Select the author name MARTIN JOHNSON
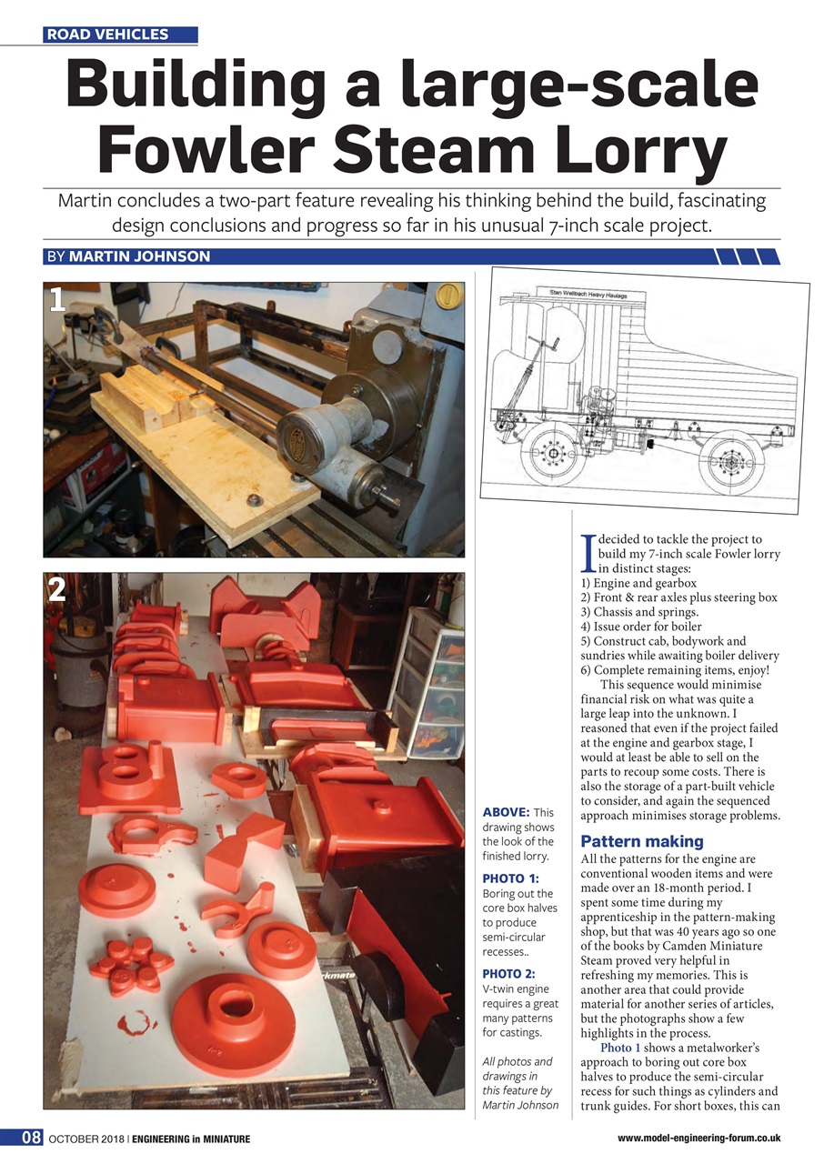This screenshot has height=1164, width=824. (139, 256)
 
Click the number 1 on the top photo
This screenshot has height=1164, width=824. (58, 301)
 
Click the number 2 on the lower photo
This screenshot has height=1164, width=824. (58, 590)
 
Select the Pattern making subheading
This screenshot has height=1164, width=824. (629, 841)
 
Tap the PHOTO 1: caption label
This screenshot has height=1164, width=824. (510, 878)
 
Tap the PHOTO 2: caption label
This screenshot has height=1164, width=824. (510, 975)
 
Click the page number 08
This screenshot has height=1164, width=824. (31, 1138)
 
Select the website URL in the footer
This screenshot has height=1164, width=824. (698, 1139)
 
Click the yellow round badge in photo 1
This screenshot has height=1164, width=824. (447, 296)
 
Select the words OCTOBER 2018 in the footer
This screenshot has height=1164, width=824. (86, 1139)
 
